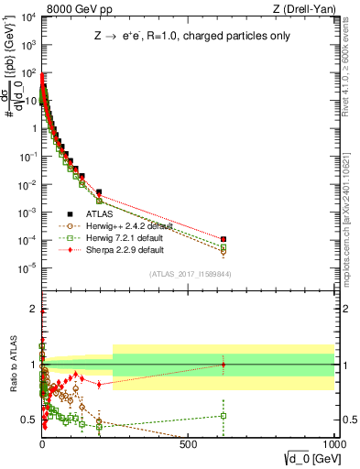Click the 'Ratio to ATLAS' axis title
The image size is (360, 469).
(x=12, y=364)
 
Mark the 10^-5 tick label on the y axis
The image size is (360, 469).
(x=27, y=267)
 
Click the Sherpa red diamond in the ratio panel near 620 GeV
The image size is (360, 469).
(x=223, y=365)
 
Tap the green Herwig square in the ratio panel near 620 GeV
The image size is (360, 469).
(x=223, y=416)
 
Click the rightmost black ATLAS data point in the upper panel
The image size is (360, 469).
(x=223, y=239)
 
